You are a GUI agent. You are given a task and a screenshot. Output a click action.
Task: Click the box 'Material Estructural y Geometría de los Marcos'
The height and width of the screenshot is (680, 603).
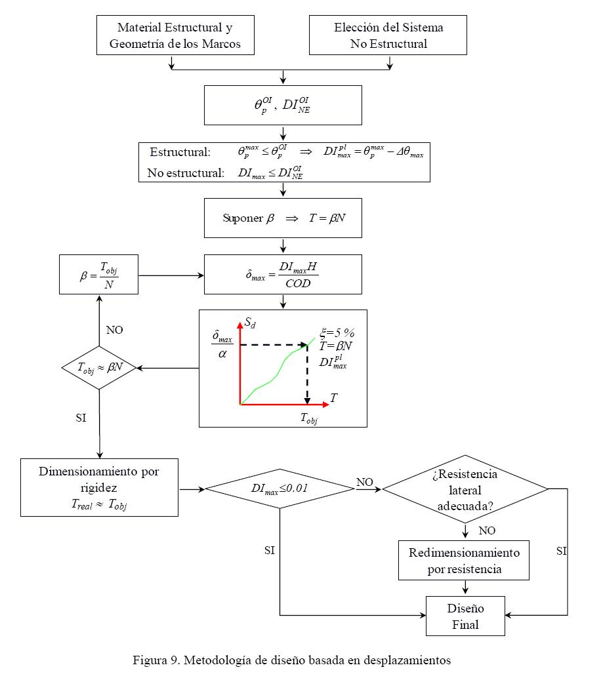pos(175,35)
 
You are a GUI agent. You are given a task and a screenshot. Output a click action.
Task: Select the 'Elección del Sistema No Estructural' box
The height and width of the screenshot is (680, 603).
pos(388,35)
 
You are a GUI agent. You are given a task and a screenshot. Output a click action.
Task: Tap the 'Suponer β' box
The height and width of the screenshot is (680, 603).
pos(283,218)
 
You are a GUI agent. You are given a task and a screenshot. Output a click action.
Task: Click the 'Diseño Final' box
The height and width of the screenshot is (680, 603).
pos(465,616)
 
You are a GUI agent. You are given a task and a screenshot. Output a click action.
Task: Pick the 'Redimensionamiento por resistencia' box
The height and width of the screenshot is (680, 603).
pos(464,560)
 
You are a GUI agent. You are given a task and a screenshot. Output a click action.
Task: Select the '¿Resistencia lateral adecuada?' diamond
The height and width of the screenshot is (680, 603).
pos(465,489)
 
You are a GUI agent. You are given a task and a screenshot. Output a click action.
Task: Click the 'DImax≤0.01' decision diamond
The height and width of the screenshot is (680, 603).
pos(280,489)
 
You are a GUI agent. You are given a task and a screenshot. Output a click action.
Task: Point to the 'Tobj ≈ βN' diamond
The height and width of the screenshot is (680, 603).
pos(98,367)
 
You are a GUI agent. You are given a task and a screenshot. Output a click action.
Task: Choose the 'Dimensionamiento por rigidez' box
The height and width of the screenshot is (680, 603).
pos(99,487)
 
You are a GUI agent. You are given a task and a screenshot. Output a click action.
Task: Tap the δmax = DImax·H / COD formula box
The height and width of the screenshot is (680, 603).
pos(283,274)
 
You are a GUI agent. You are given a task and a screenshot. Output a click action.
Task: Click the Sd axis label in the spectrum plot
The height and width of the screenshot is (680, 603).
pos(250,322)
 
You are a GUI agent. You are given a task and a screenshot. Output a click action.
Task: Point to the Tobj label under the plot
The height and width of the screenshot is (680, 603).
pos(308,418)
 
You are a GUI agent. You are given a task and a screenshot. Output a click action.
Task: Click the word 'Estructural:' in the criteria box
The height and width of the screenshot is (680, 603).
pos(180,152)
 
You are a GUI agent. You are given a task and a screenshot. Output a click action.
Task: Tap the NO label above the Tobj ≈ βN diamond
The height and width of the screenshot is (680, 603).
pos(114,330)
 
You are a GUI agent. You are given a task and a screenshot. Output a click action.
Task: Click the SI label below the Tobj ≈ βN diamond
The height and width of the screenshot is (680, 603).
pos(81,417)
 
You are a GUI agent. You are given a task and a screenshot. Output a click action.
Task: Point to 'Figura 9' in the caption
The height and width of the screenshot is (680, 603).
pos(155,660)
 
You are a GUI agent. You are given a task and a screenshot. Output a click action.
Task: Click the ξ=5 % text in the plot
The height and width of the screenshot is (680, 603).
pos(337,332)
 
